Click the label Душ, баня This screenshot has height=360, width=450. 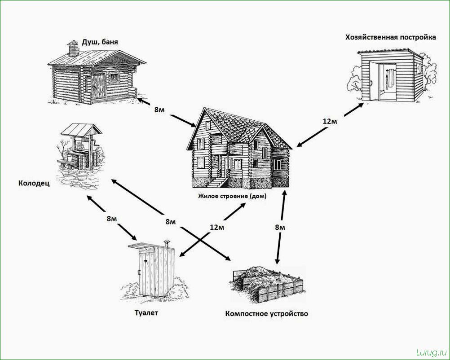[x=100, y=42]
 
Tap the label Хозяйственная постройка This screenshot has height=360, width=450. [x=390, y=37]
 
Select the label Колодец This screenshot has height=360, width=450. [x=34, y=183]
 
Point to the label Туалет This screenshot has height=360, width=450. [x=146, y=312]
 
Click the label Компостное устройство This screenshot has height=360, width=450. [x=267, y=313]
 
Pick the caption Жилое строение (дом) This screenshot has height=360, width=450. [x=232, y=196]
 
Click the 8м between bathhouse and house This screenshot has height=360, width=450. [x=159, y=110]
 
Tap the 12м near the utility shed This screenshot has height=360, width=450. [x=330, y=121]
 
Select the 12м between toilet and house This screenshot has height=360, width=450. [x=217, y=228]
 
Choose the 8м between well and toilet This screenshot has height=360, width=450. [x=112, y=219]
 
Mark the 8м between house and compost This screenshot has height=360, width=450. [x=280, y=228]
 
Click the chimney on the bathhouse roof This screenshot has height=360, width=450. [x=73, y=48]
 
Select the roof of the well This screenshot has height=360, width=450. [x=81, y=130]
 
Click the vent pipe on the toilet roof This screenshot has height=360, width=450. [x=167, y=243]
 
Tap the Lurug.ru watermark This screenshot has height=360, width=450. [x=431, y=352]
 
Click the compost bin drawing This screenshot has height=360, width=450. [x=267, y=284]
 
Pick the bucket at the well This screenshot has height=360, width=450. [x=70, y=157]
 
